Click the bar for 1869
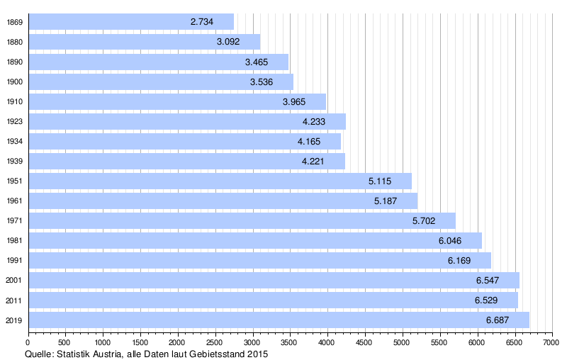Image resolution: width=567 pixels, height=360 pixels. click(x=131, y=22)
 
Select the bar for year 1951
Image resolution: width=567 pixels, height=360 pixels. click(x=220, y=181)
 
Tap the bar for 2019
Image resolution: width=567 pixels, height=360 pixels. click(x=279, y=320)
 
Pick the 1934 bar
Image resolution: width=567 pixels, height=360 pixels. click(x=184, y=141)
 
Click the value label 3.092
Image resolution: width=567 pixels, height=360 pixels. click(x=228, y=42)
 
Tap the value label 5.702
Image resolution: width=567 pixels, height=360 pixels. click(x=424, y=221)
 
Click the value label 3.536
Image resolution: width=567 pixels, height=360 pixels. click(x=262, y=81)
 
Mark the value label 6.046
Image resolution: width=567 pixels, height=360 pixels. click(x=450, y=241)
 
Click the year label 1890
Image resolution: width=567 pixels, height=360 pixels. click(x=13, y=62)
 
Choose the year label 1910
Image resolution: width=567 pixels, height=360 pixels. click(x=13, y=101)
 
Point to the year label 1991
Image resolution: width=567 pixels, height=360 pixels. click(x=13, y=261)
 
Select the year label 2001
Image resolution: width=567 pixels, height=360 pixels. click(x=13, y=281)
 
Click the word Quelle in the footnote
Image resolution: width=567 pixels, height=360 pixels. click(x=39, y=354)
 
